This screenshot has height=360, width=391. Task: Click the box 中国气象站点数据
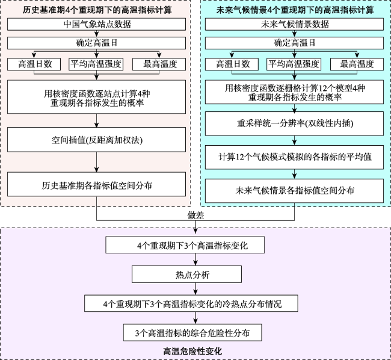pyautogui.click(x=96, y=24)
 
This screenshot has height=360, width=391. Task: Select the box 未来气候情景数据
pyautogui.click(x=294, y=24)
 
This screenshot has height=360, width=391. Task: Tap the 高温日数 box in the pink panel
pyautogui.click(x=34, y=64)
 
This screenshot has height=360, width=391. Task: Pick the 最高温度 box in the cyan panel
pyautogui.click(x=357, y=64)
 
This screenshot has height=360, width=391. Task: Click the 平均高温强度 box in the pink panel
pyautogui.click(x=96, y=64)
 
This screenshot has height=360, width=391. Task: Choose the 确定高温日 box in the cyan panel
pyautogui.click(x=294, y=43)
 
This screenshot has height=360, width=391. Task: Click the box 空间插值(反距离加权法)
pyautogui.click(x=96, y=140)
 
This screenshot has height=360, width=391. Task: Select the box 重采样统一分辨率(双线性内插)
pyautogui.click(x=294, y=123)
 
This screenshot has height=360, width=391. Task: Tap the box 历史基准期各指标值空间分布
pyautogui.click(x=96, y=184)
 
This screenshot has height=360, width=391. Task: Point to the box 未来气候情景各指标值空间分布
pyautogui.click(x=294, y=191)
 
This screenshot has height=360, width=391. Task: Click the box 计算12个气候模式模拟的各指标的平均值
pyautogui.click(x=294, y=157)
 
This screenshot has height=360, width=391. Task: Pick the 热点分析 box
pyautogui.click(x=186, y=274)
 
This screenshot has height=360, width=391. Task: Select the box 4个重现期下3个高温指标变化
pyautogui.click(x=185, y=245)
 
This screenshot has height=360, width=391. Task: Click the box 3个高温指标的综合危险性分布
pyautogui.click(x=192, y=332)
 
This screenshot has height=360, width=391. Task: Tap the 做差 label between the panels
pyautogui.click(x=195, y=216)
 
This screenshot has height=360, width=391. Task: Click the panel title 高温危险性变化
pyautogui.click(x=192, y=351)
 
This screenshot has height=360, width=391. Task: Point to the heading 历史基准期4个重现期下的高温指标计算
pyautogui.click(x=97, y=10)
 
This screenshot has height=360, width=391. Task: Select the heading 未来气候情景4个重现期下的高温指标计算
pyautogui.click(x=295, y=10)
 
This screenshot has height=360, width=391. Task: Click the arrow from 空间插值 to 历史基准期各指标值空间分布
pyautogui.click(x=96, y=162)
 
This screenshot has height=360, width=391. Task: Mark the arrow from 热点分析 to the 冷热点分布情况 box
pyautogui.click(x=195, y=289)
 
